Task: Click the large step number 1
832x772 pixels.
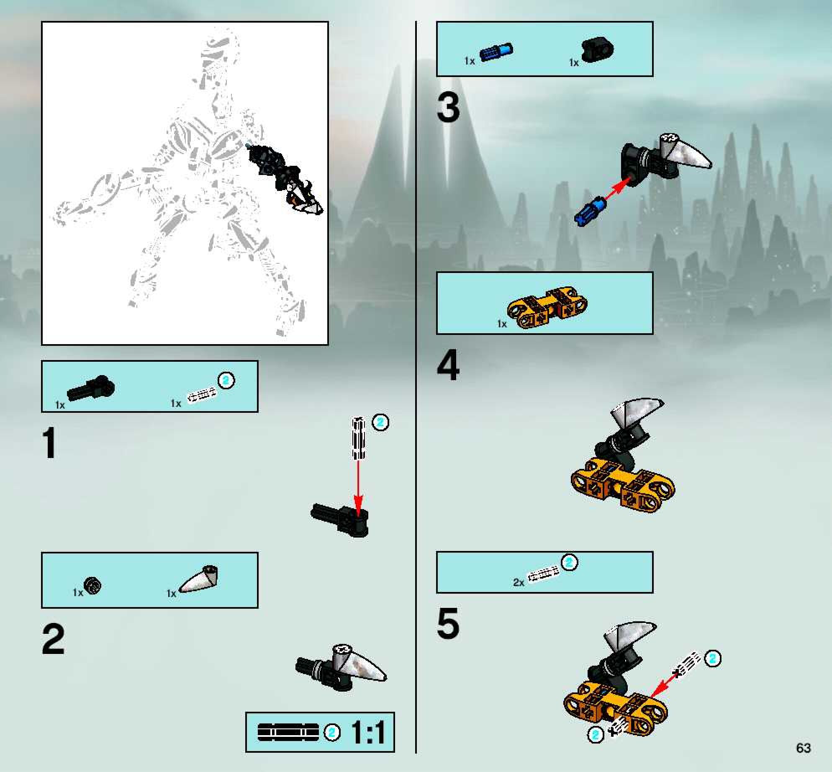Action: pyautogui.click(x=50, y=443)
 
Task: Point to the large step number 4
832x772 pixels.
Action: pyautogui.click(x=448, y=365)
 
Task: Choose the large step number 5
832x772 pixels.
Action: pyautogui.click(x=448, y=624)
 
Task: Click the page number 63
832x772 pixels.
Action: pyautogui.click(x=804, y=748)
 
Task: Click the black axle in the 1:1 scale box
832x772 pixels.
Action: pyautogui.click(x=288, y=732)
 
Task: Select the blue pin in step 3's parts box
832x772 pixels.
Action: pyautogui.click(x=496, y=52)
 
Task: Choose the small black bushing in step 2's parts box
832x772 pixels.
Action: pyautogui.click(x=92, y=585)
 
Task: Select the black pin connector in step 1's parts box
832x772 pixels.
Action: pyautogui.click(x=91, y=388)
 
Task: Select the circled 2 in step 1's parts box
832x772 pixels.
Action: pyautogui.click(x=226, y=381)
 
